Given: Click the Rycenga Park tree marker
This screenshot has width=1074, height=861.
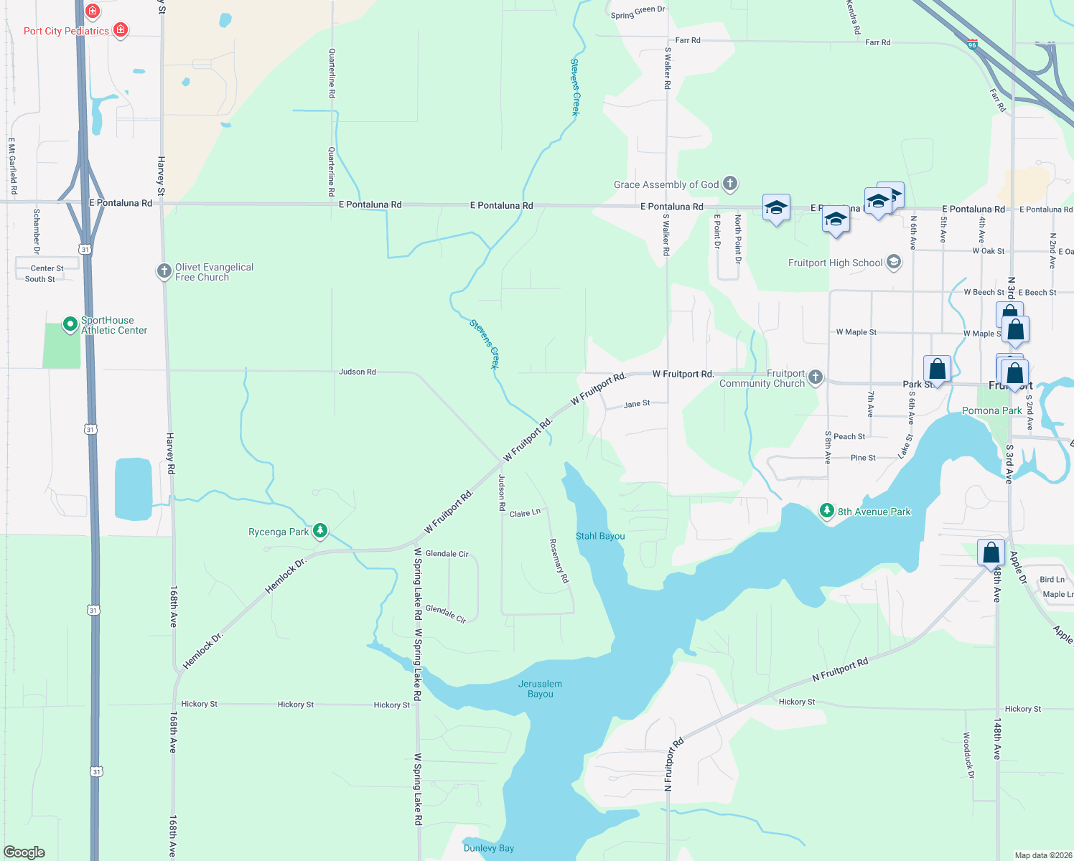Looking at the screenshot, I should point(320,531).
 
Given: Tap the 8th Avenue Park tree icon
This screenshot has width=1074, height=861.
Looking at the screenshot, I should point(827,510).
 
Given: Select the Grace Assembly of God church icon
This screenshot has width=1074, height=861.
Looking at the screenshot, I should point(730,184).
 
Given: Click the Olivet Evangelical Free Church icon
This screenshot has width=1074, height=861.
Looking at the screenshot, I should point(164,270).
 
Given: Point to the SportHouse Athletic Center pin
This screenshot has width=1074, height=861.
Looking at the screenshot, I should point(70,324).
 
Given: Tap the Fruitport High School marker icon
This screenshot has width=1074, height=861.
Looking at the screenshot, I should point(894,262).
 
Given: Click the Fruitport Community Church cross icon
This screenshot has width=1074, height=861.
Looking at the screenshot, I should point(815,377).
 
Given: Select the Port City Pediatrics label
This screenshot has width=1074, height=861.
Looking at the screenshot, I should point(66,31).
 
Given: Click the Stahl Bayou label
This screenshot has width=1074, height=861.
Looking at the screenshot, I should point(600,536).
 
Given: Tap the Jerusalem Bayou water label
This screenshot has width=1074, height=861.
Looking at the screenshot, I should point(540,689).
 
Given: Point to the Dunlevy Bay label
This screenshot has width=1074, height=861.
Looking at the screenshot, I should point(489,848).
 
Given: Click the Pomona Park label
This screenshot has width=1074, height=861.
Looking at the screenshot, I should point(991,410).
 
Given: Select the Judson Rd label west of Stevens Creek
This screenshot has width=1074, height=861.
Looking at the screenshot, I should point(358,372).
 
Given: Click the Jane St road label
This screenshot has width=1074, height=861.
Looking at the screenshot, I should point(637,404).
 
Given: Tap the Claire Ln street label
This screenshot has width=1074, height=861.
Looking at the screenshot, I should point(525,513).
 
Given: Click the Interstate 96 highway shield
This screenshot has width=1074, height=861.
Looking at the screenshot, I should point(972,44).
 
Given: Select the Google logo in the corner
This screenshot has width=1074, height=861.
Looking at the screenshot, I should point(24,852).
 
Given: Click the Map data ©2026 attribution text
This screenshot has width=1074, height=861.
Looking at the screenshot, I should point(1042,855).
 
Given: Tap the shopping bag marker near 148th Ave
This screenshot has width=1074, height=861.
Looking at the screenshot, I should point(991,552).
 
